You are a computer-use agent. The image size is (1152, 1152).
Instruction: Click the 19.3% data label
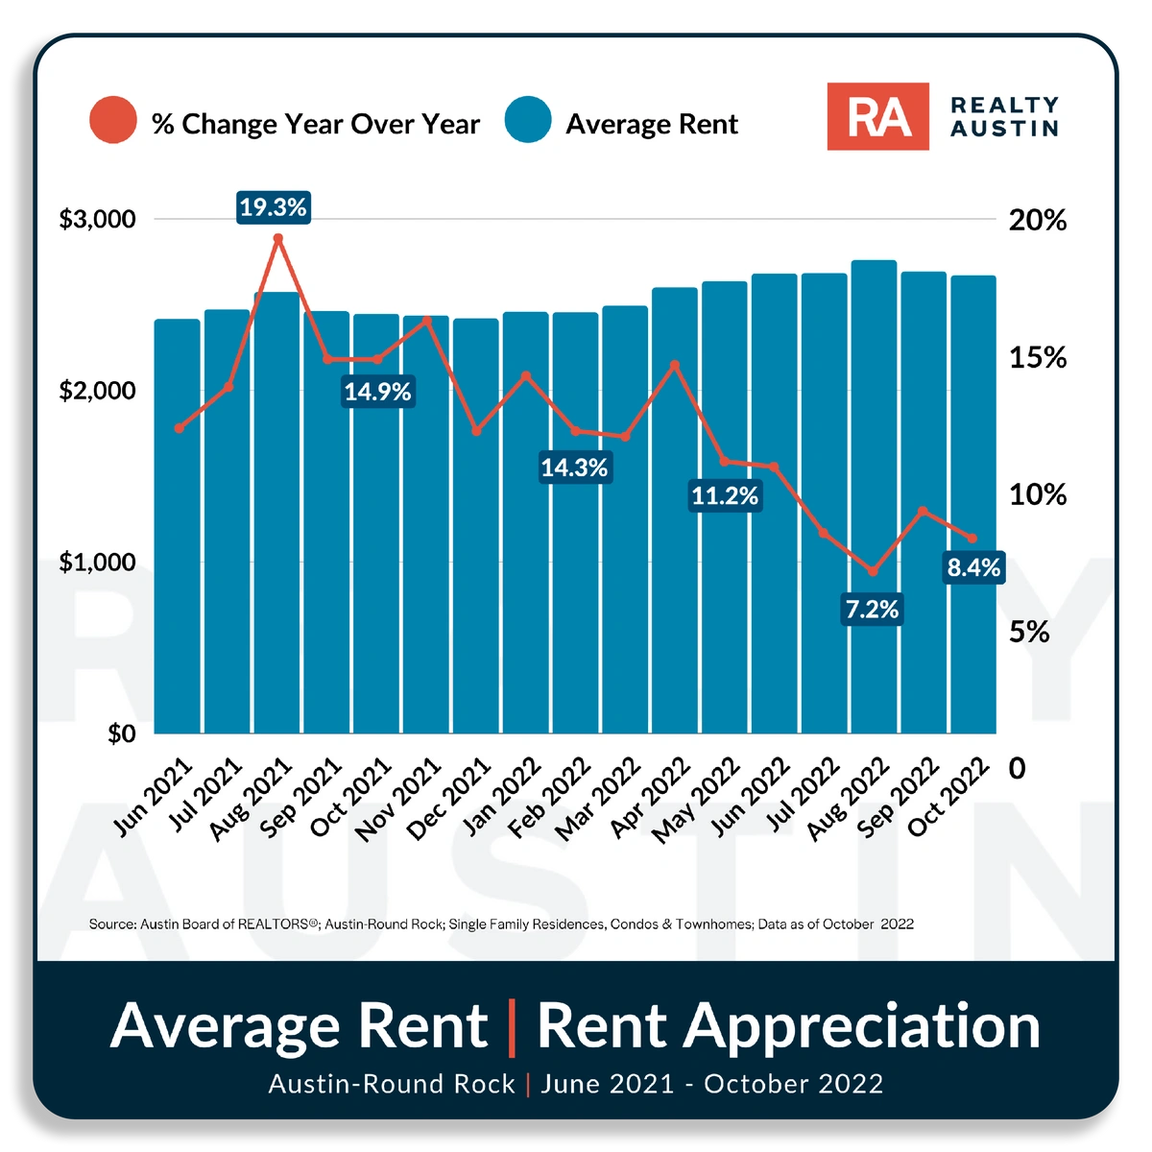274,207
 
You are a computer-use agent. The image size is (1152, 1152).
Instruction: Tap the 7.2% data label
872,609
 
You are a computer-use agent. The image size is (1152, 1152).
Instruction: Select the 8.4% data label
973,567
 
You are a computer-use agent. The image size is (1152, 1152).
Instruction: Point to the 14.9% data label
378,392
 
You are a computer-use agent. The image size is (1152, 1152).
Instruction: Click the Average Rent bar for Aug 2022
874,499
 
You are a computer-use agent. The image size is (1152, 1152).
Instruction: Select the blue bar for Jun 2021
178,528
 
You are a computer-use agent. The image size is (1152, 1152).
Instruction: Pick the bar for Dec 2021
476,528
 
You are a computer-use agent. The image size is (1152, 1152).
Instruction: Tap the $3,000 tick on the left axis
98,219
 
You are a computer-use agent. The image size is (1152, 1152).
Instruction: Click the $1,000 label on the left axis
98,562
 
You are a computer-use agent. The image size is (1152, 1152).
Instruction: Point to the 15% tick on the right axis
1038,358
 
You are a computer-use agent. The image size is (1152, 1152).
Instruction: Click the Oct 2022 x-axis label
949,797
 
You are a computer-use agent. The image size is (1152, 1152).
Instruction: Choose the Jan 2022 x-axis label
501,797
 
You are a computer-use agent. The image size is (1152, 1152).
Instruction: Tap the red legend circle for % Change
112,121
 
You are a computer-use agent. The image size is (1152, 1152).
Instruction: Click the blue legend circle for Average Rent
527,121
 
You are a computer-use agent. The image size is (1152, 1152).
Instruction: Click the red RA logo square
877,116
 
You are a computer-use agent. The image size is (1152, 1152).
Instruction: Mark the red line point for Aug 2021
277,238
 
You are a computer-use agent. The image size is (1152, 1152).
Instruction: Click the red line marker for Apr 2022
674,365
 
